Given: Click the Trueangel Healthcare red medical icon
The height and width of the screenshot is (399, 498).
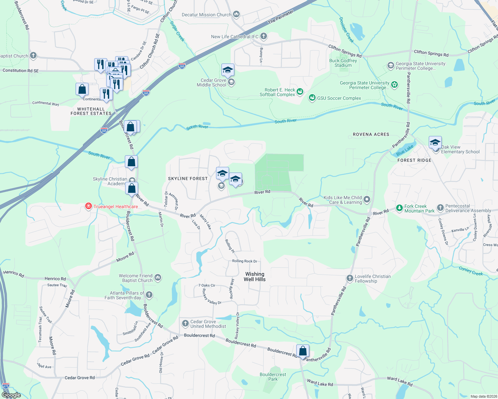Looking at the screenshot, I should [x=89, y=206].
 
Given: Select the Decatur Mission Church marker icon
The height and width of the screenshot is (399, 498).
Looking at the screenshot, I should [x=236, y=14].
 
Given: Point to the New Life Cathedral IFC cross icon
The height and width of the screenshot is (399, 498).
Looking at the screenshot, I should [x=264, y=36].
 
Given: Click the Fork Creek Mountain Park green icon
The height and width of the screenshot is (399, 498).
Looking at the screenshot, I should [x=399, y=208].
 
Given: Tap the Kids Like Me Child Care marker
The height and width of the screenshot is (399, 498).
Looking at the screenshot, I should [x=367, y=199].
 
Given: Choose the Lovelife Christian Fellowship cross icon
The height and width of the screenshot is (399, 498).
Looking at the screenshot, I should [x=350, y=278].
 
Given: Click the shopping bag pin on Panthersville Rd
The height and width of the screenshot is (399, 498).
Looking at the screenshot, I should [x=303, y=351].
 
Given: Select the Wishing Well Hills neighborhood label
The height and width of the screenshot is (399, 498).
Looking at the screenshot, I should [x=255, y=277].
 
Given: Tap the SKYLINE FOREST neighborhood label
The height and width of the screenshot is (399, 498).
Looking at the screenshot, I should [x=188, y=179].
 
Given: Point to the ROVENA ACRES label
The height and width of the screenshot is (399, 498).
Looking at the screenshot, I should [x=371, y=134].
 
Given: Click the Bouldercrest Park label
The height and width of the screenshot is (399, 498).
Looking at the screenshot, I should [x=273, y=377].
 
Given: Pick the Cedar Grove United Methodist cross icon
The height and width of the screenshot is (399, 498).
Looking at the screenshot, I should [x=185, y=324].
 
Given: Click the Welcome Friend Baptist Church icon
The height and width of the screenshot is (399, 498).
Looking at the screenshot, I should [x=158, y=278].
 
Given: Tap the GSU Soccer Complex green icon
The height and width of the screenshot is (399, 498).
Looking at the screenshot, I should [x=312, y=98].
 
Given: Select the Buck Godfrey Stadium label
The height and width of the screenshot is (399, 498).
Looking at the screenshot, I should [x=343, y=63].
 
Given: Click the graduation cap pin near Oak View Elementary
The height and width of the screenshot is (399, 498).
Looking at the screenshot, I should [x=435, y=143].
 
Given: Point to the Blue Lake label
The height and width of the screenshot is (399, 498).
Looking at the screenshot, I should [x=405, y=150].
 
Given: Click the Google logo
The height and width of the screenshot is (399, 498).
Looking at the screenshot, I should [x=11, y=395].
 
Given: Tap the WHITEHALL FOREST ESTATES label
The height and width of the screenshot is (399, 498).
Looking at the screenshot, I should [x=91, y=111].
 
